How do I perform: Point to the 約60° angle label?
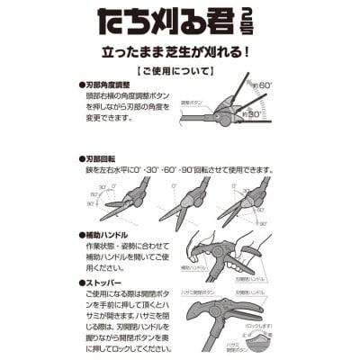pyautogui.click(x=264, y=85)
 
